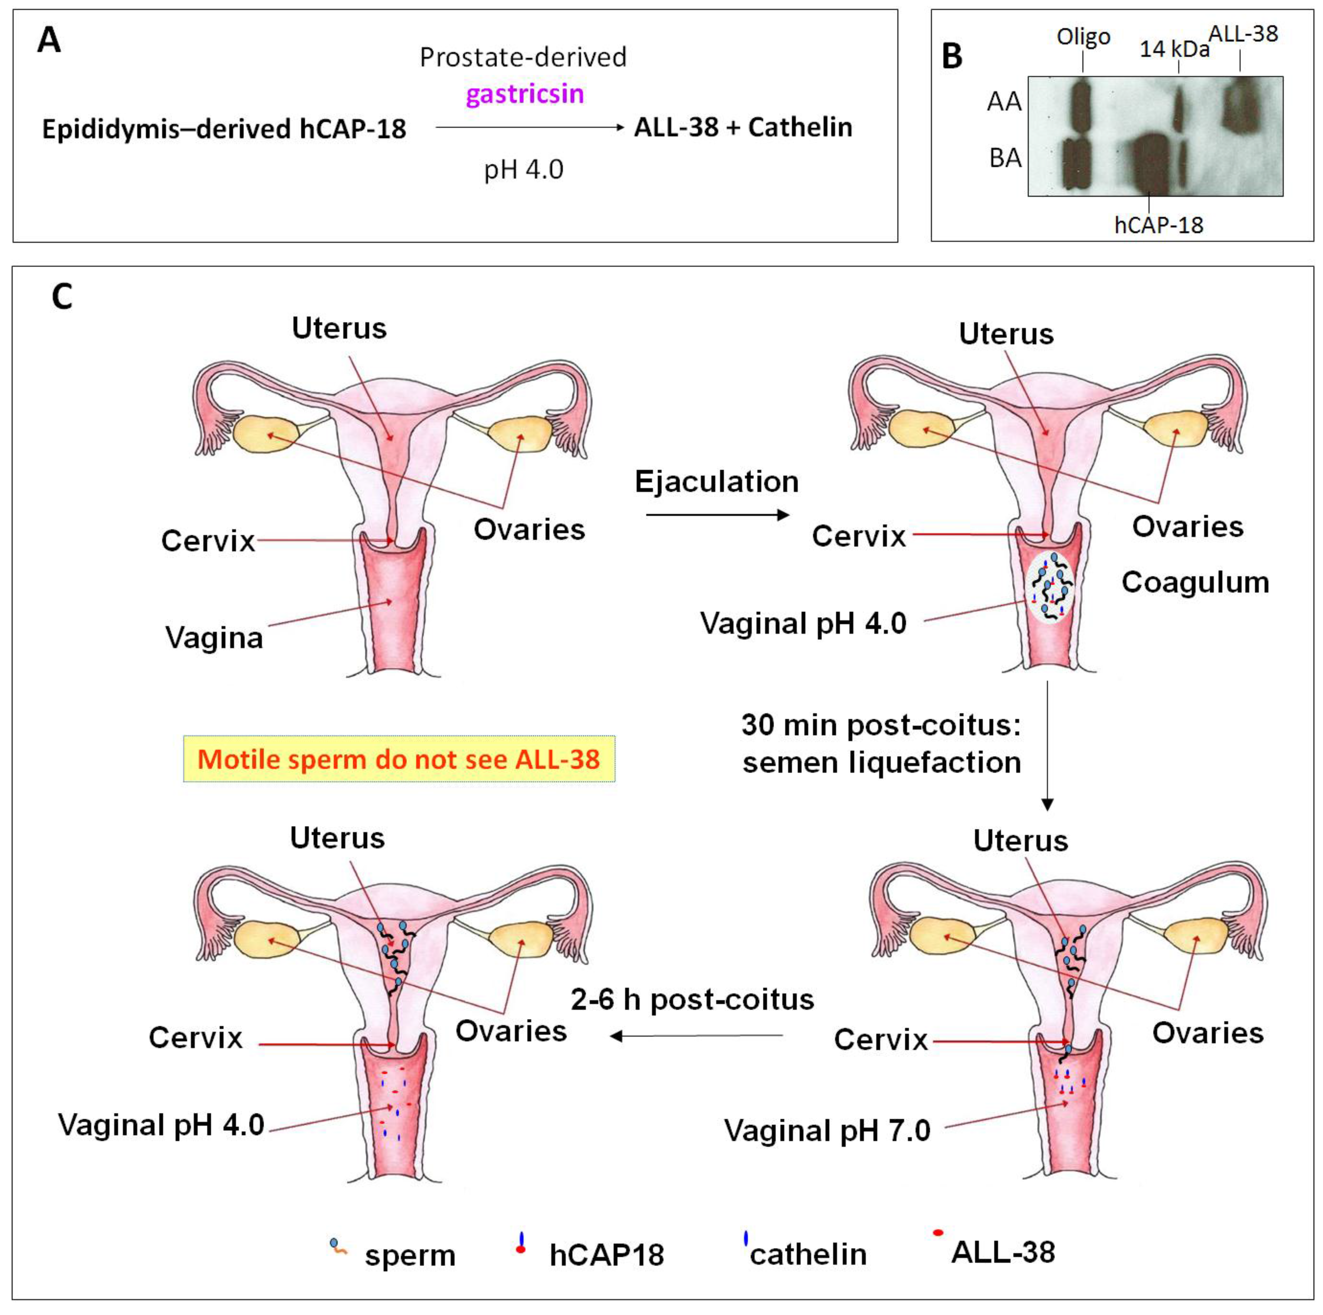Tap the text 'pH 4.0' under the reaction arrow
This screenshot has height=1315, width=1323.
click(x=523, y=169)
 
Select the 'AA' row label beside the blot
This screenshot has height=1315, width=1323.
click(x=1004, y=102)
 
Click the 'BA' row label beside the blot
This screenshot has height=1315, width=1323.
click(x=1005, y=158)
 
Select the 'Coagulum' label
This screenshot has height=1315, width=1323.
click(x=1195, y=583)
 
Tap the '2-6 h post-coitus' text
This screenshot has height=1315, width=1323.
click(x=692, y=999)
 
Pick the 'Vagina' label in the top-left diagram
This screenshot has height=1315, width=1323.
click(x=214, y=638)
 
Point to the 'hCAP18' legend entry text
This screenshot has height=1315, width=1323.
click(x=607, y=1255)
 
